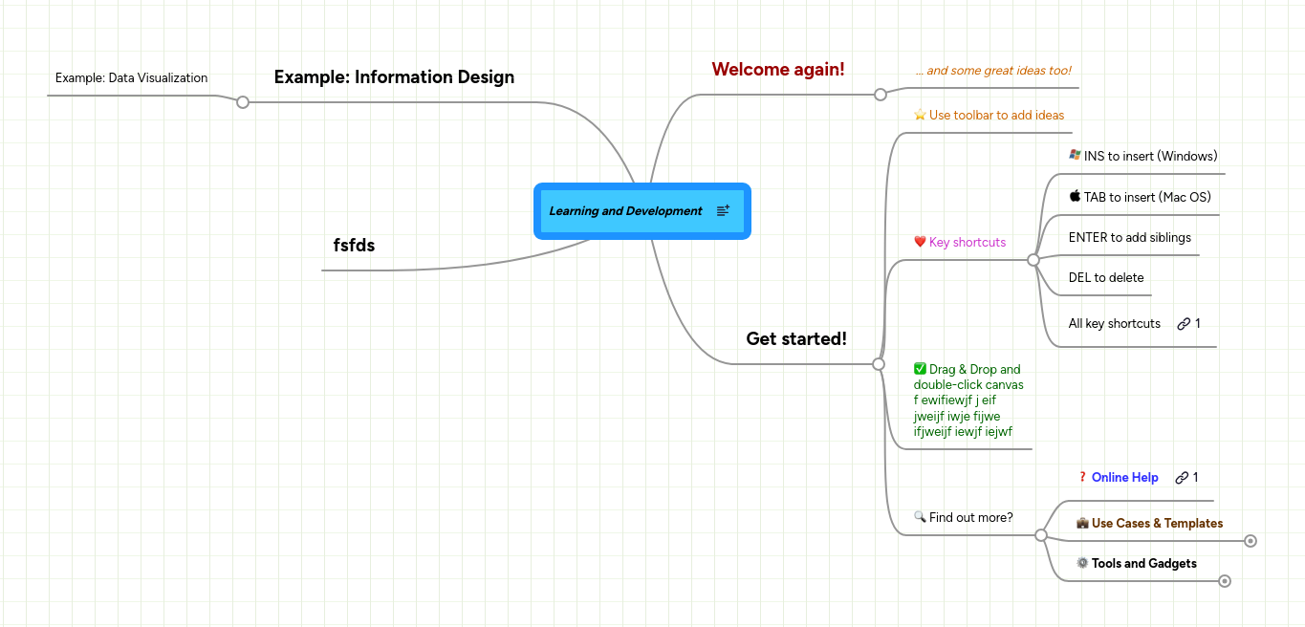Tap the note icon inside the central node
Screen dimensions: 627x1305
pos(723,210)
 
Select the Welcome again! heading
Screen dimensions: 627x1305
pos(778,70)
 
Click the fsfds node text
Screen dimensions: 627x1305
pos(354,246)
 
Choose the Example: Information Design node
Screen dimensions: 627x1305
pos(394,77)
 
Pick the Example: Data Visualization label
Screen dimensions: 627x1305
pos(131,78)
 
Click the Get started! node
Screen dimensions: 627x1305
pos(796,339)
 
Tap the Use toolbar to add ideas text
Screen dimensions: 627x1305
pos(996,116)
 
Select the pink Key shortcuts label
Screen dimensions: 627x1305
pos(968,243)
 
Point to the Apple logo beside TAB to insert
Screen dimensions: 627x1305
pos(1075,196)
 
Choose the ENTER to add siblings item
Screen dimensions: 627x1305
pos(1130,238)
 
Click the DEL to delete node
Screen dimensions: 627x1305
pos(1106,278)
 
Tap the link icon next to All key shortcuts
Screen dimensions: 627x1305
pos(1184,324)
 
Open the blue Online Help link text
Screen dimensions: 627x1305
pos(1124,478)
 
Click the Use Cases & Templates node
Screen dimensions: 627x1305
pos(1157,524)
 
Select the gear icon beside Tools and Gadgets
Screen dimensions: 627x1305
pos(1082,563)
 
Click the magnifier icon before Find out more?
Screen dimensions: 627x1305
pos(920,517)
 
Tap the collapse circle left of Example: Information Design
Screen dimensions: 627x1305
pos(243,102)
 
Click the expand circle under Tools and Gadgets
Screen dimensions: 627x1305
pos(1225,581)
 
